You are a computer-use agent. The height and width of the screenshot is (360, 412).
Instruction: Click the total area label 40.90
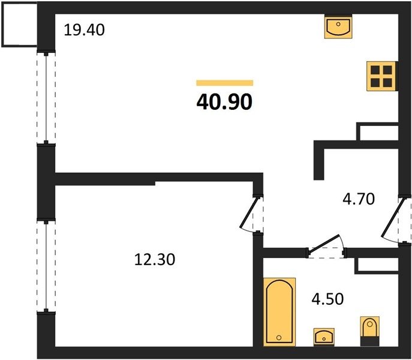click(x=224, y=102)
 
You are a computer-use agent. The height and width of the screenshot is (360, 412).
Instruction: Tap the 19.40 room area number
click(x=84, y=30)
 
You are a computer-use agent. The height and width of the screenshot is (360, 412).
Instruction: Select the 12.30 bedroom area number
click(x=155, y=259)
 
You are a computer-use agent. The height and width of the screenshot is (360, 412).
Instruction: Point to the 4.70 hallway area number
click(x=359, y=199)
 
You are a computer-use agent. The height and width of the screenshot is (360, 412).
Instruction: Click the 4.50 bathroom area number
click(x=327, y=299)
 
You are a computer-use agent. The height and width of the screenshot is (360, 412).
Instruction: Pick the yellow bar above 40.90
click(x=225, y=83)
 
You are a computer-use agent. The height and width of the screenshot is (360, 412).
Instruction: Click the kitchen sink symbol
click(x=338, y=27)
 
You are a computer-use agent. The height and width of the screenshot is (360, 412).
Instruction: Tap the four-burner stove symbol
click(x=382, y=76)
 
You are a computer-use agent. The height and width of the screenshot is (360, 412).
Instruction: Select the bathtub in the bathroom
click(x=279, y=312)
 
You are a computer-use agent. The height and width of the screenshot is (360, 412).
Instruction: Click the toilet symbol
click(x=369, y=331)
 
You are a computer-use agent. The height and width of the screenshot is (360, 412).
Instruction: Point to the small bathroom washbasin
click(x=324, y=337)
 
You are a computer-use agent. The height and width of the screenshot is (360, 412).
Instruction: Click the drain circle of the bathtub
click(x=279, y=338)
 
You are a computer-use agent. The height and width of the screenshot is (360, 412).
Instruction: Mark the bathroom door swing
click(x=326, y=245)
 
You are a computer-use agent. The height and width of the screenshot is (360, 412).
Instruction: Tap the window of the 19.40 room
click(x=46, y=98)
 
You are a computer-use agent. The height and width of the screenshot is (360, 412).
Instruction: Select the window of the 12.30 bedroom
click(x=46, y=266)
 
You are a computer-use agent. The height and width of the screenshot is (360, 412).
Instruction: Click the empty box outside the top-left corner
click(x=19, y=25)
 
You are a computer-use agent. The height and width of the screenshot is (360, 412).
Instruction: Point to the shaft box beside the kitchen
click(x=378, y=131)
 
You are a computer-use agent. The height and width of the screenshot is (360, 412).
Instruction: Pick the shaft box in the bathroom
click(x=377, y=266)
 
